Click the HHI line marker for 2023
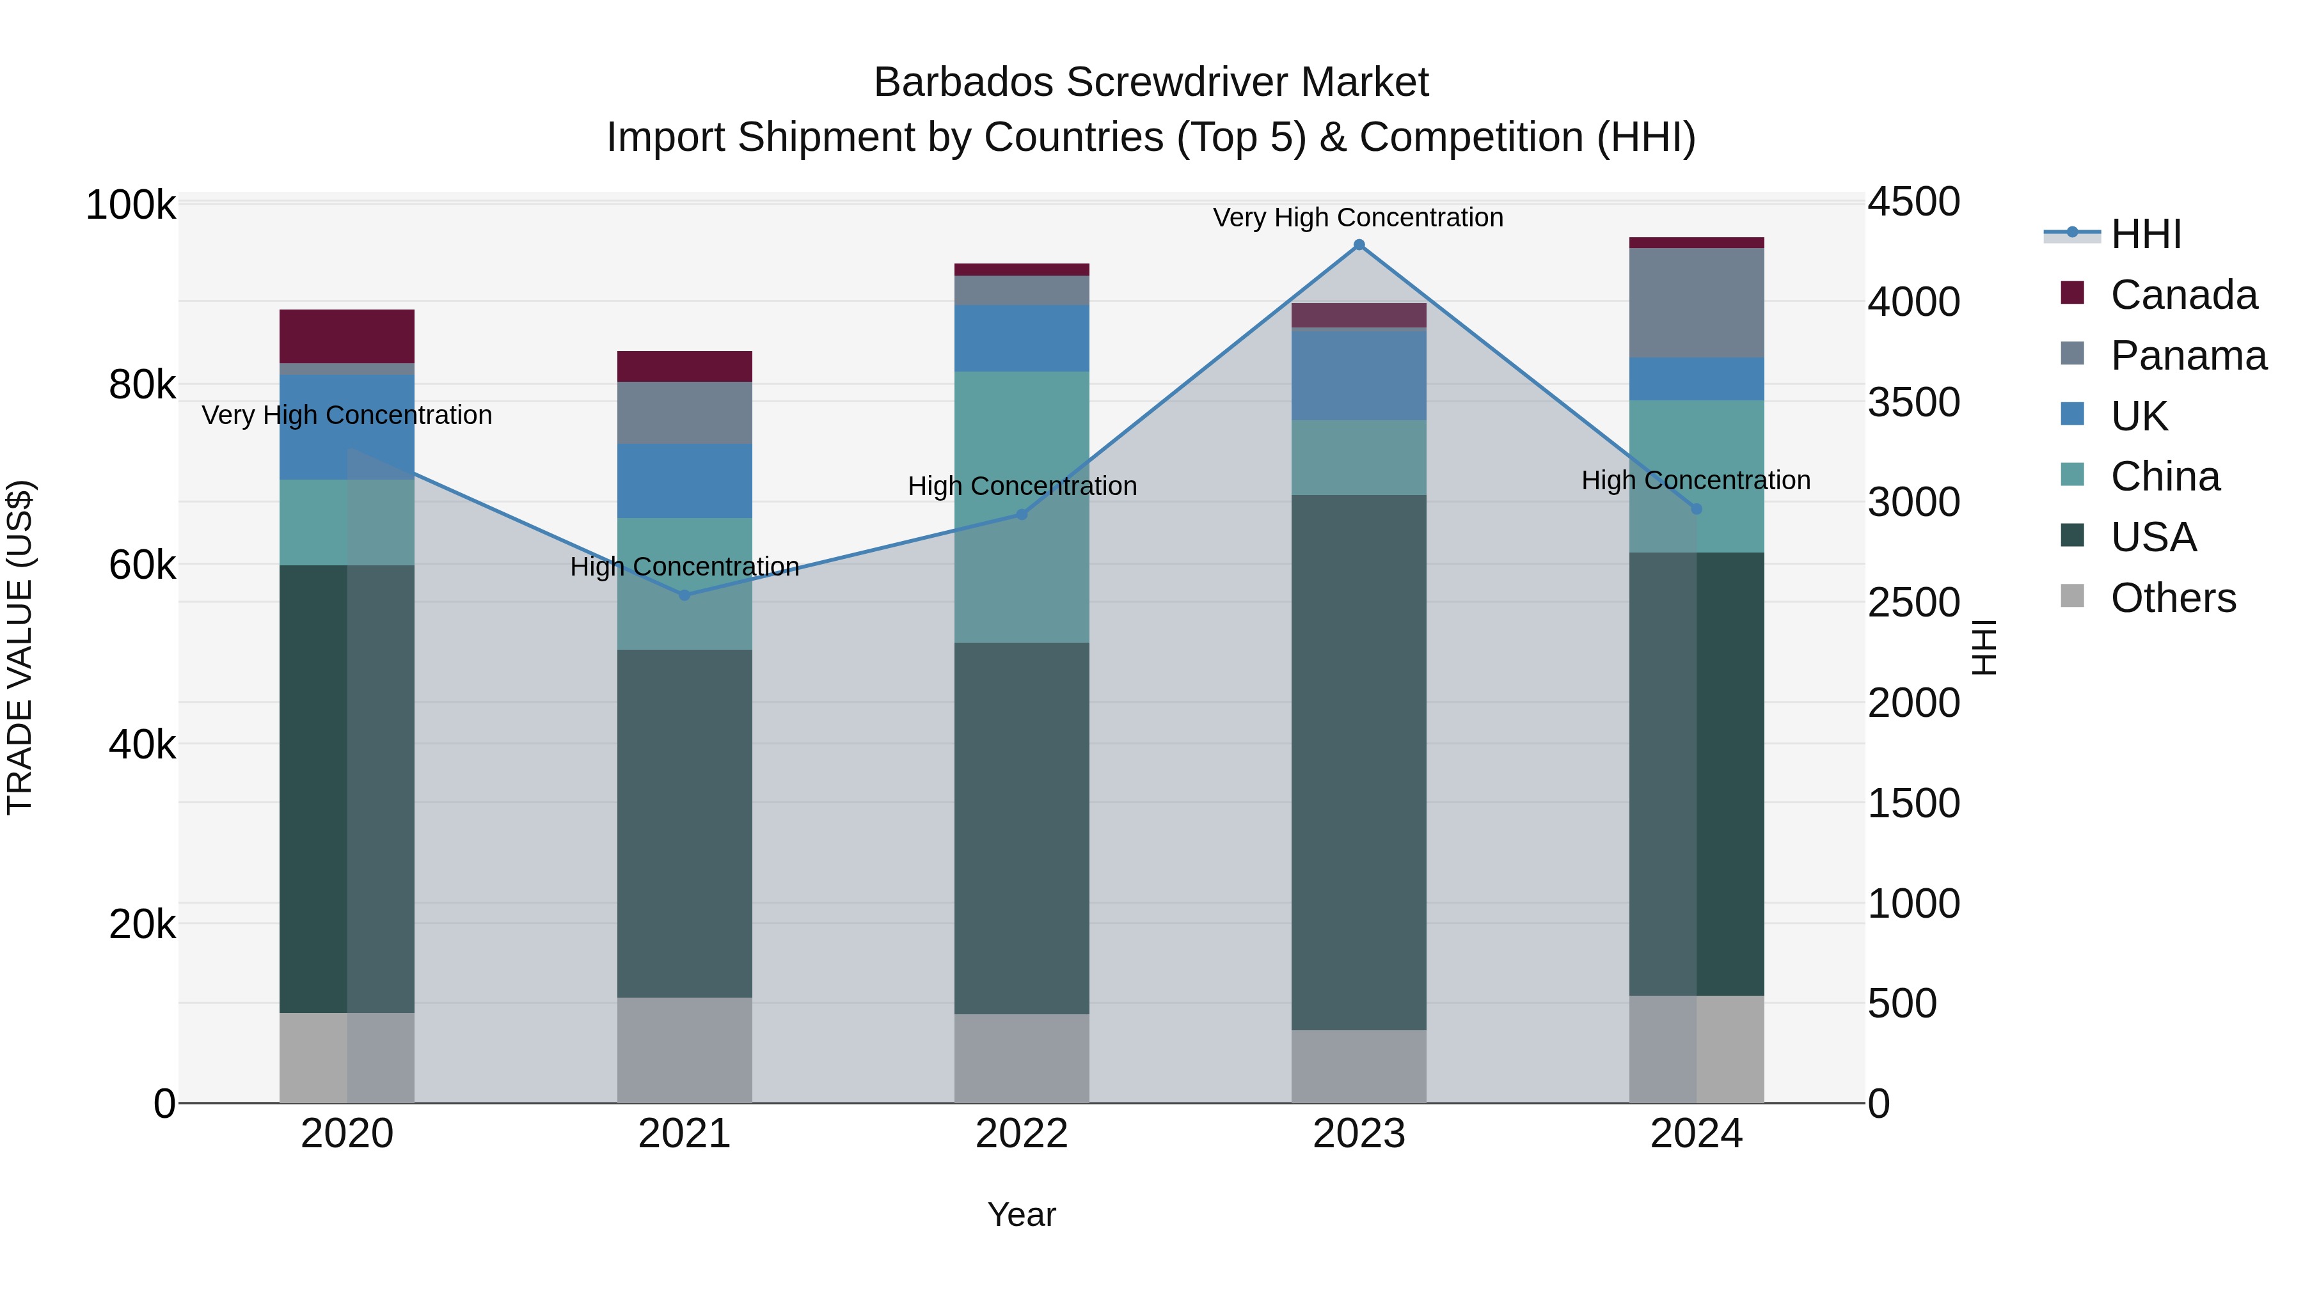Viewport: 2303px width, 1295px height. pyautogui.click(x=1359, y=245)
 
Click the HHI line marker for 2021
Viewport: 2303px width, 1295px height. pyautogui.click(x=685, y=595)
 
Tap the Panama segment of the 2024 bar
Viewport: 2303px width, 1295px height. pyautogui.click(x=1696, y=303)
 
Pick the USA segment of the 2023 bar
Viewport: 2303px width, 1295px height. pyautogui.click(x=1359, y=762)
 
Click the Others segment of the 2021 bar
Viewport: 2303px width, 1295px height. pyautogui.click(x=685, y=1050)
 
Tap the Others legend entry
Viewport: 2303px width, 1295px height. pyautogui.click(x=2172, y=598)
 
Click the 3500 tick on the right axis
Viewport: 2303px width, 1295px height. pyautogui.click(x=1913, y=402)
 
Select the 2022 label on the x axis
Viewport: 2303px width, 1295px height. pyautogui.click(x=1022, y=1134)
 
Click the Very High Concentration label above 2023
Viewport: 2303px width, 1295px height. pyautogui.click(x=1358, y=217)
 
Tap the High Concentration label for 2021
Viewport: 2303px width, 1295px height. pyautogui.click(x=685, y=567)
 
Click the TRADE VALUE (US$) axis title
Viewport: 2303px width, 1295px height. pyautogui.click(x=20, y=647)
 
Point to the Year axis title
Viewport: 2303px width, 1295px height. pyautogui.click(x=1022, y=1214)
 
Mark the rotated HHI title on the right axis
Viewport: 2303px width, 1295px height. pyautogui.click(x=1983, y=647)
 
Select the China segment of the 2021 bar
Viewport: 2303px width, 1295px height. pyautogui.click(x=685, y=584)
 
